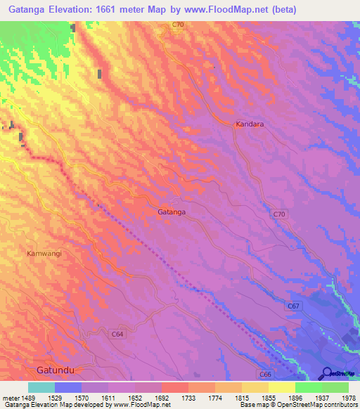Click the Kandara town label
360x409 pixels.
tap(250, 124)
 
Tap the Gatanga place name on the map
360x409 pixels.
tap(172, 211)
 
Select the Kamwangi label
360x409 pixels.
tap(44, 253)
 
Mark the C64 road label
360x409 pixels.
tap(117, 335)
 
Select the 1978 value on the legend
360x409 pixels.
tap(348, 397)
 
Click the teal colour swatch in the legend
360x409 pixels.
tap(41, 387)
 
